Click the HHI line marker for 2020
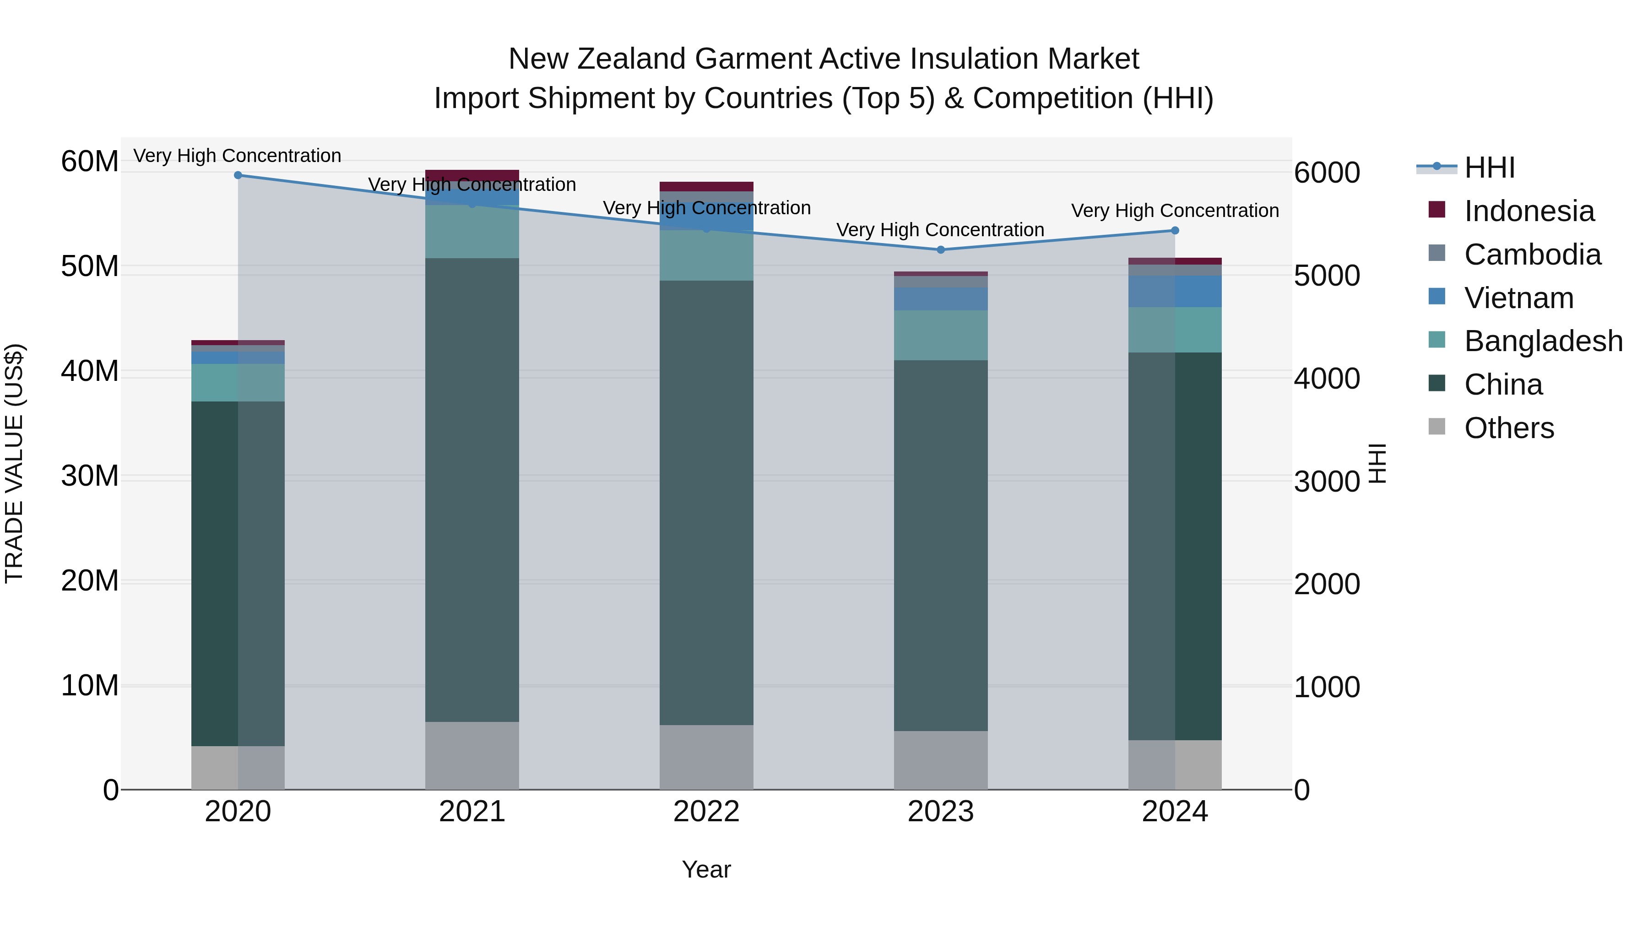(x=238, y=175)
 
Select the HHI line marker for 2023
(x=940, y=249)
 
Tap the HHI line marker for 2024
(x=1175, y=230)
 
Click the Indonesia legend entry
(x=1529, y=211)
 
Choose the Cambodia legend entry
(x=1532, y=255)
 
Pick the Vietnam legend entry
(x=1519, y=298)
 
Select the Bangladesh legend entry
(x=1543, y=341)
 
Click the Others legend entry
(x=1508, y=428)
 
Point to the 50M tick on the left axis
(x=90, y=266)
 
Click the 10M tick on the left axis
(x=90, y=685)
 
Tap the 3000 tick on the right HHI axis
(x=1327, y=482)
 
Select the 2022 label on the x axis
(x=706, y=812)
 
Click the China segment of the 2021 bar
(x=472, y=489)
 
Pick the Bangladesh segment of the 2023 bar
(x=940, y=335)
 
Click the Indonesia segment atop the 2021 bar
(x=472, y=175)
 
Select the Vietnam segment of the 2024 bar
(x=1175, y=291)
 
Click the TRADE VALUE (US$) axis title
(x=14, y=463)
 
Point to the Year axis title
(x=706, y=869)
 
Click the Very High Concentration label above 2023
(x=940, y=230)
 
